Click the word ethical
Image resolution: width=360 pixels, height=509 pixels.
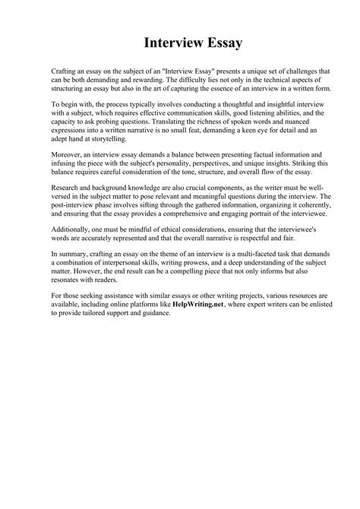[x=159, y=228]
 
